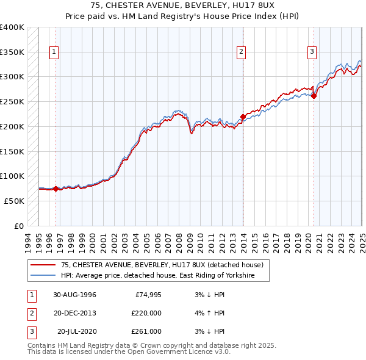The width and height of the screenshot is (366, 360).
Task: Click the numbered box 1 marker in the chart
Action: point(54,52)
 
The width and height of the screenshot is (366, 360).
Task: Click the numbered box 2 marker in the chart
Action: point(242,52)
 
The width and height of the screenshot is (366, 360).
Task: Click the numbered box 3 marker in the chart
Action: point(312,52)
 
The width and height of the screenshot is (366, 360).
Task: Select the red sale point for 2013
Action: point(243,116)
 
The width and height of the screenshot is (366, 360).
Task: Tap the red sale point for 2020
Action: point(314,95)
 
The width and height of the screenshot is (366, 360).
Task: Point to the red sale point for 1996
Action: point(56,189)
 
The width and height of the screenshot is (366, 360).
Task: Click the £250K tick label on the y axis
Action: point(12,101)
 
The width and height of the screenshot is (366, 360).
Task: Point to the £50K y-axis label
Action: point(14,200)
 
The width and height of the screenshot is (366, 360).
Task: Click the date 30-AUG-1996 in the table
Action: point(74,295)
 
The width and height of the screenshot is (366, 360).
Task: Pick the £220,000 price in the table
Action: point(146,313)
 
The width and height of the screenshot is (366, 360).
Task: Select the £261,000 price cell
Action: point(146,331)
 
